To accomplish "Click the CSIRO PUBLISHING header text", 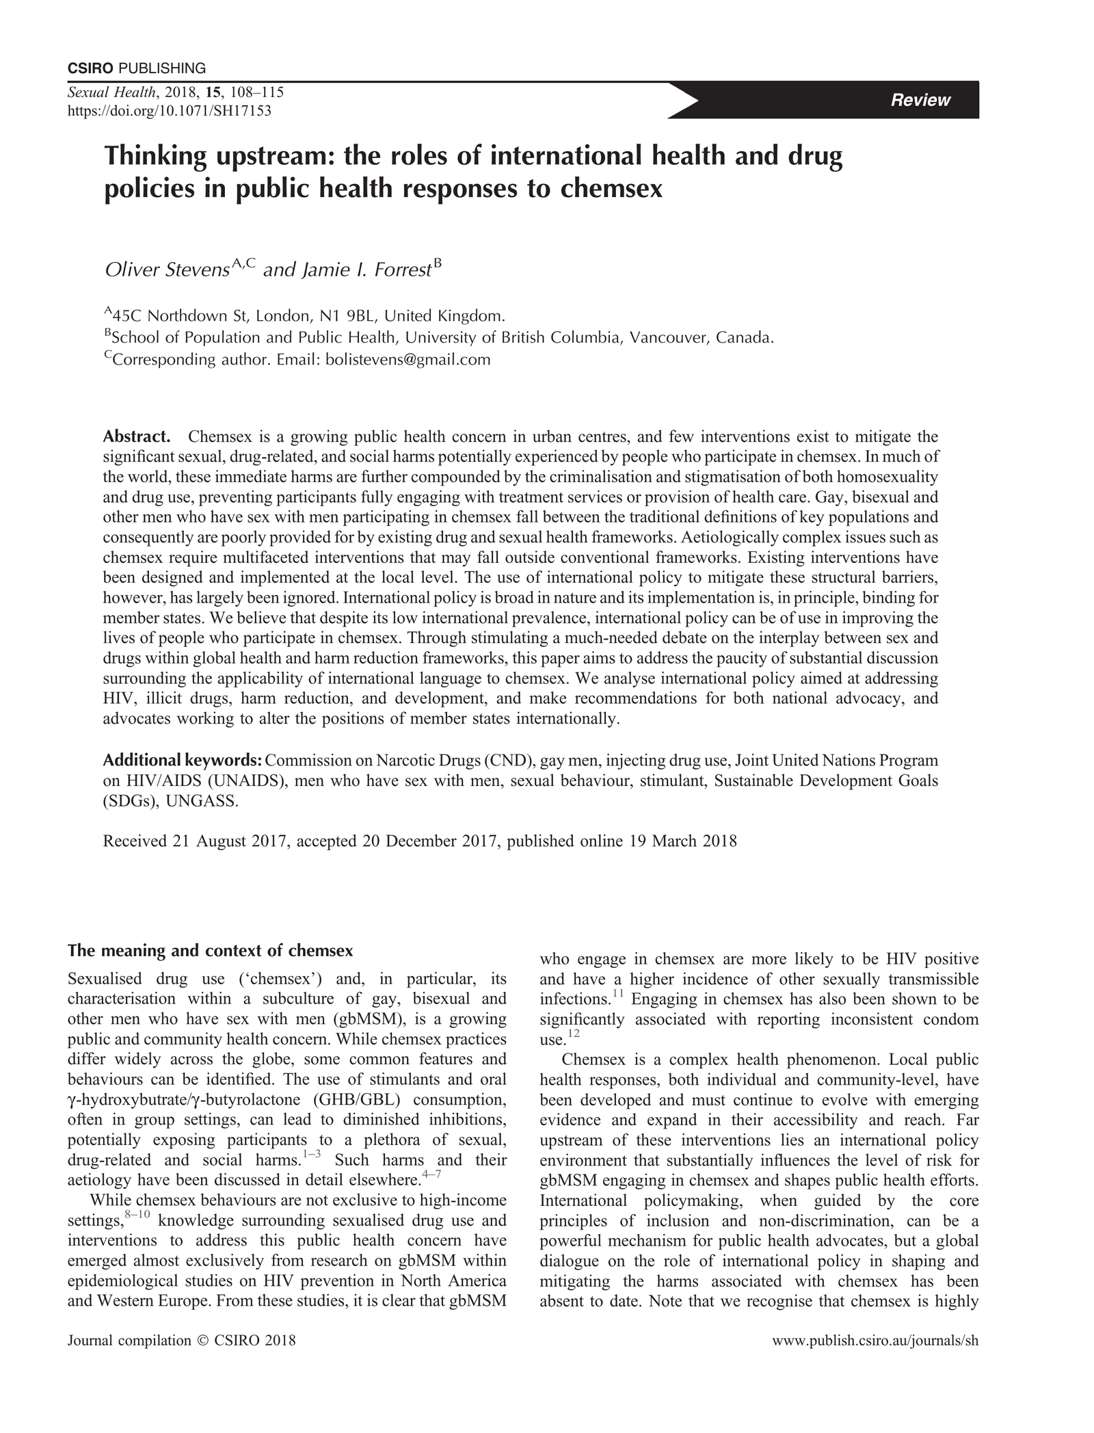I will point(137,68).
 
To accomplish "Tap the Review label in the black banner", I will point(920,100).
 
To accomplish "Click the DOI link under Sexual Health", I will point(169,111).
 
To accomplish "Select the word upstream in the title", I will point(273,157).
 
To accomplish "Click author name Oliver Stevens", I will point(166,270).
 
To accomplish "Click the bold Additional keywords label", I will point(183,761).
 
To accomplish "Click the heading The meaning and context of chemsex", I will point(210,951).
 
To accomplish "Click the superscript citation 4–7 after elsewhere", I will point(431,1175).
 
